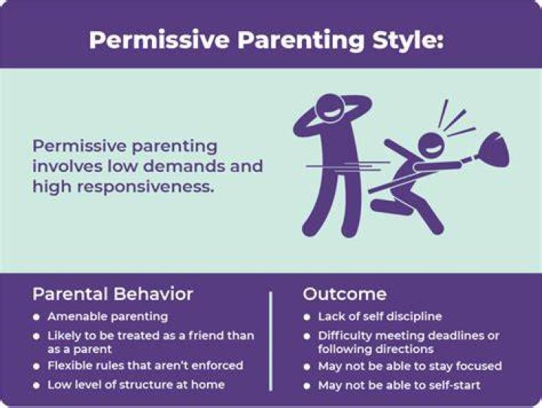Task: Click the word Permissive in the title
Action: [159, 40]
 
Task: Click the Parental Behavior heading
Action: [113, 294]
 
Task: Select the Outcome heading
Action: [345, 294]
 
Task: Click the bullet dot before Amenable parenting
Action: [36, 317]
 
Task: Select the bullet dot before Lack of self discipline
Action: [306, 317]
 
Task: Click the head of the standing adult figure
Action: [330, 108]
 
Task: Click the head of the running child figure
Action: [431, 145]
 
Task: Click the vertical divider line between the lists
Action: [270, 341]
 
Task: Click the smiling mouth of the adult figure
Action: [330, 113]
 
